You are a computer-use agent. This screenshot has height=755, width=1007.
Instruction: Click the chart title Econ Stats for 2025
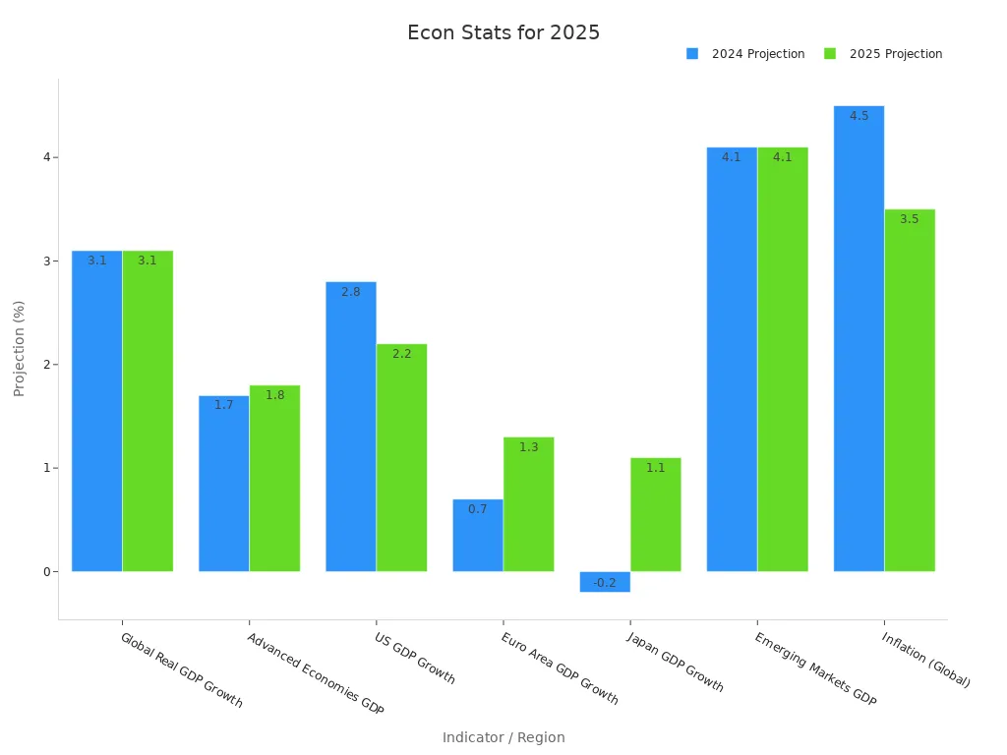tap(503, 32)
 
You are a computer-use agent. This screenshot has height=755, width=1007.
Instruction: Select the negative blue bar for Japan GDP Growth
tap(605, 582)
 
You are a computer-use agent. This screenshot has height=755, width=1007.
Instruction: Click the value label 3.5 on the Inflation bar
tap(910, 219)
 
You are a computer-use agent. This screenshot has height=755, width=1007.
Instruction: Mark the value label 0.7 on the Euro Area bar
tap(478, 509)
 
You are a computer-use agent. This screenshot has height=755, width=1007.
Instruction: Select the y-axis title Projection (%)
tap(20, 348)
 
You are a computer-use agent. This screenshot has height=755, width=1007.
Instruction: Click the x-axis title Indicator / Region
tap(503, 737)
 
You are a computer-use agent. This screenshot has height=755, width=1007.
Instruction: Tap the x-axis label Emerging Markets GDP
tap(815, 669)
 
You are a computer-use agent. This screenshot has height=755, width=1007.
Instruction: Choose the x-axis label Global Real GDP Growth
tap(181, 669)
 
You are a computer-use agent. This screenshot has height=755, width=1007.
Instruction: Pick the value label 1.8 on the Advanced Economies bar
tap(275, 395)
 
